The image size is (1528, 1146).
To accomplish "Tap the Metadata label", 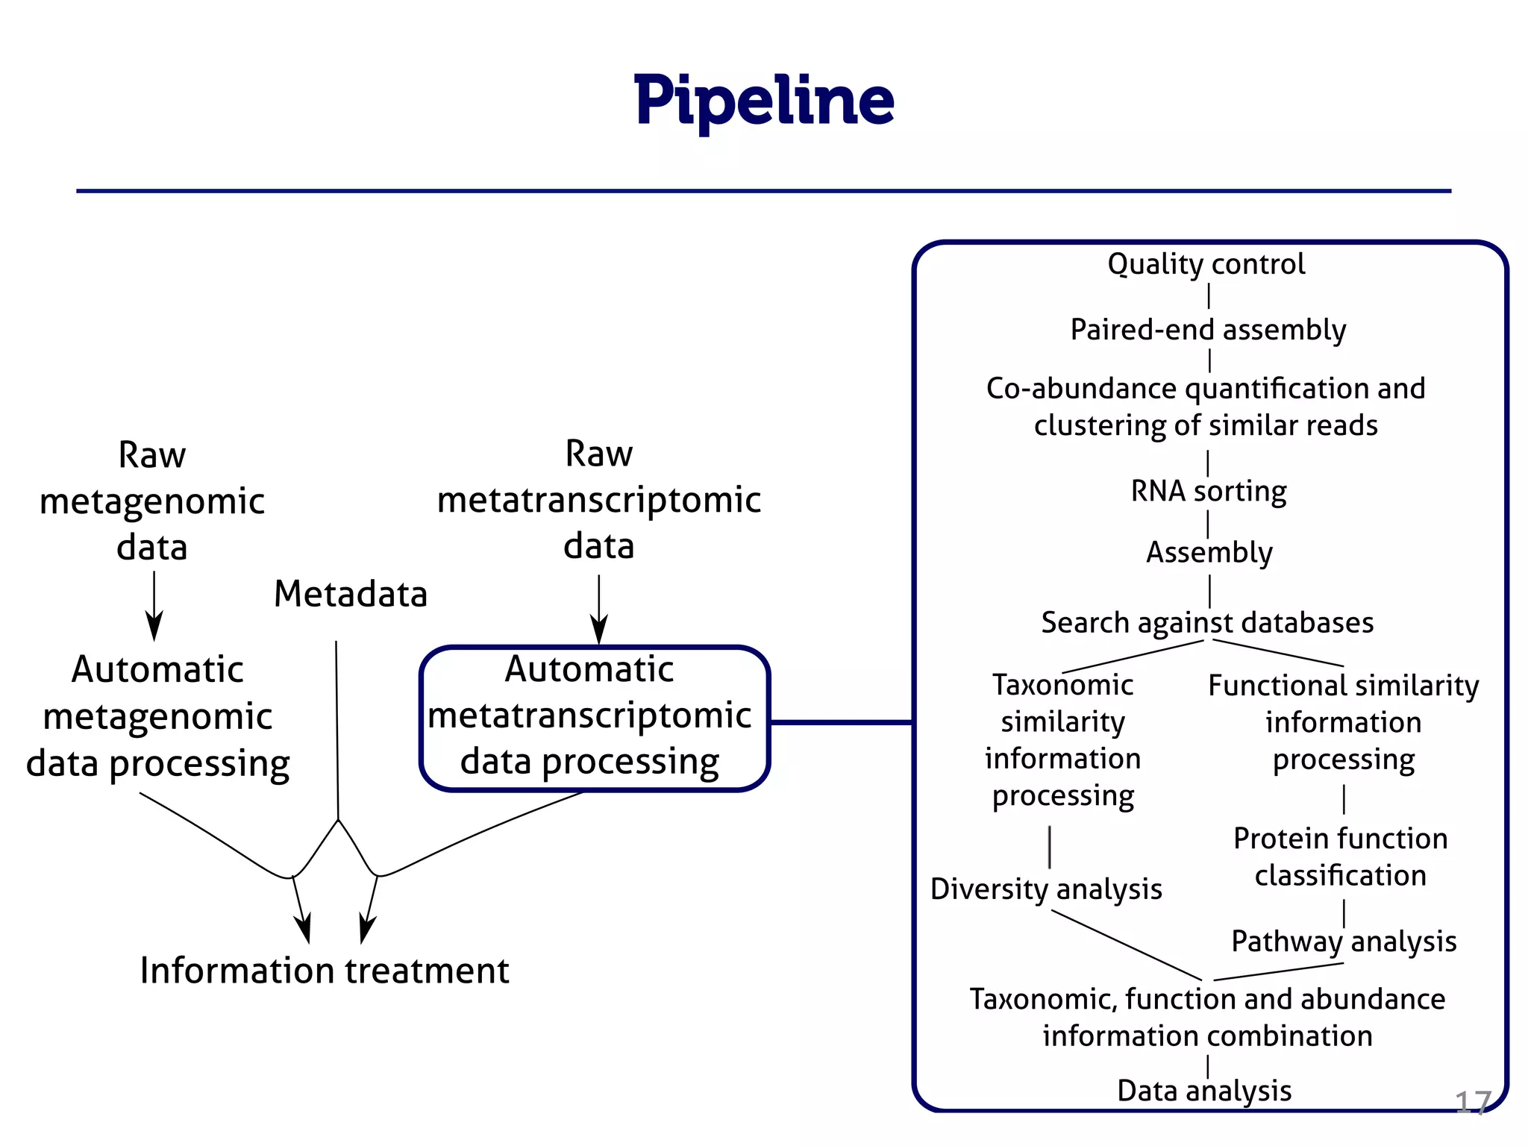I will [x=350, y=595].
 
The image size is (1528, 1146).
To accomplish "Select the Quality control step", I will [x=1206, y=264].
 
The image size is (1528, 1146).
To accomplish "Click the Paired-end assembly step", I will [x=1208, y=330].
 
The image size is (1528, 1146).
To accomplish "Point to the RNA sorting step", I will [x=1209, y=492].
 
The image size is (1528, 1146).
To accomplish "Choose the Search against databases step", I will [x=1207, y=622].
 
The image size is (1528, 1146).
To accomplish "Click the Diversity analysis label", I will [x=1046, y=889].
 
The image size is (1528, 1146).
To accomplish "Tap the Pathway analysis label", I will [x=1344, y=942].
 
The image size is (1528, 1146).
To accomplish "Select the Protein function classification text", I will [x=1340, y=857].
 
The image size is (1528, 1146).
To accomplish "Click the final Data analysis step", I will [x=1204, y=1091].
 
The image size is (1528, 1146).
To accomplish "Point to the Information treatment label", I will [x=325, y=971].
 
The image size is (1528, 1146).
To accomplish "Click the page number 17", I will [x=1472, y=1103].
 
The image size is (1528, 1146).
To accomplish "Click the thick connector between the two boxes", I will [x=841, y=722].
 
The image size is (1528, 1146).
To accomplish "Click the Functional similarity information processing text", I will [x=1343, y=722].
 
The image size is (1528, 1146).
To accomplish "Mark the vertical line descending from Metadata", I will [x=336, y=731].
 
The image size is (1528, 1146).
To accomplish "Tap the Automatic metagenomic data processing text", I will [x=157, y=717].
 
